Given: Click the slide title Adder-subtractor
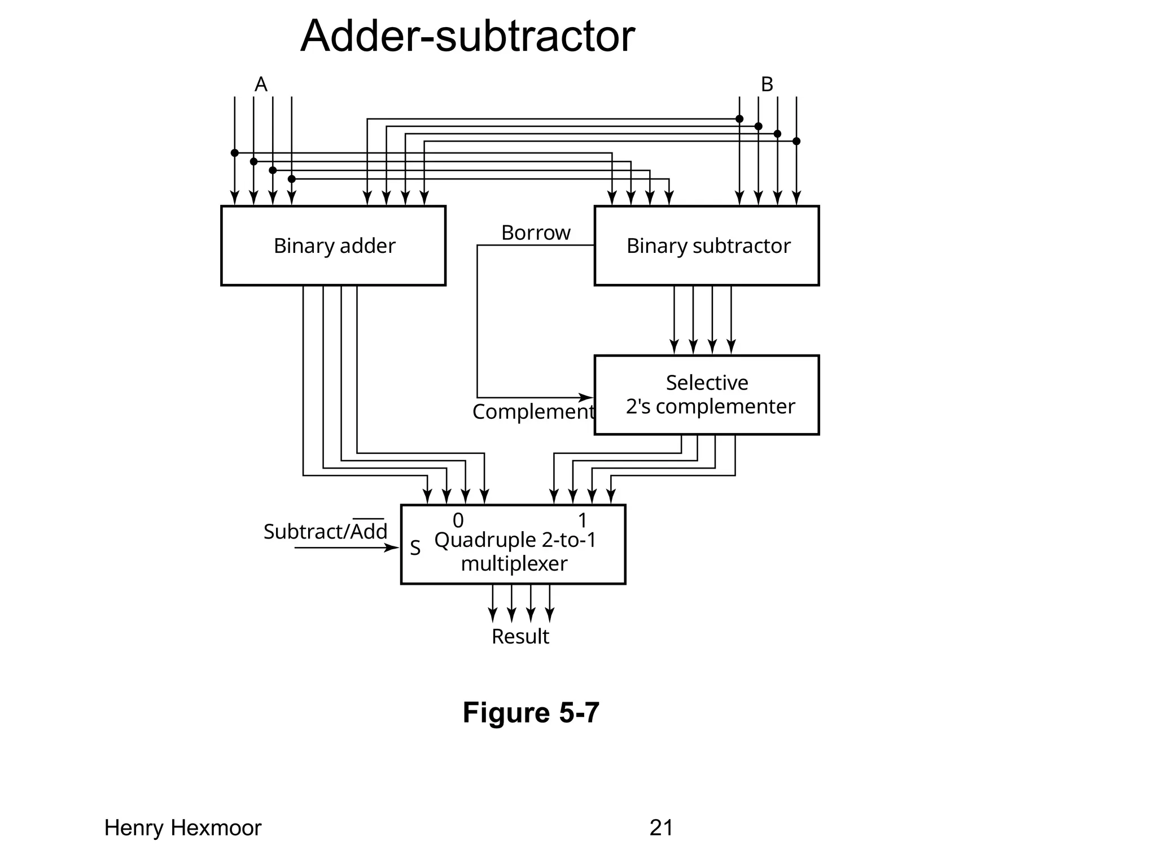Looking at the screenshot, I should (x=467, y=37).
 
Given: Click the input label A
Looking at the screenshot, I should (x=261, y=85).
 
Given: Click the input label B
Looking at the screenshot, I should (x=767, y=85).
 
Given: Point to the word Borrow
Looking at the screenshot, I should (x=536, y=233).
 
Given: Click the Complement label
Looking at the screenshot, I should (x=533, y=412).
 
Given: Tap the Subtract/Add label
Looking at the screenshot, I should (x=325, y=532).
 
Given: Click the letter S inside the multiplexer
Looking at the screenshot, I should (x=415, y=548).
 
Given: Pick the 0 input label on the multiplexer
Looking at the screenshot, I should (x=458, y=520).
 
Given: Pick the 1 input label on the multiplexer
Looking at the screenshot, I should (x=583, y=520).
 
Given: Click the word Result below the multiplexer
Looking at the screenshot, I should (x=520, y=637).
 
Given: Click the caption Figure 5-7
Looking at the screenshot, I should (x=531, y=712).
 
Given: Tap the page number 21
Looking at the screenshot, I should (x=661, y=828).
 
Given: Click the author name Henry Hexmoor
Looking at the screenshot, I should (x=183, y=828).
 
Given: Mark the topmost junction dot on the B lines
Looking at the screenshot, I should (x=739, y=119).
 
